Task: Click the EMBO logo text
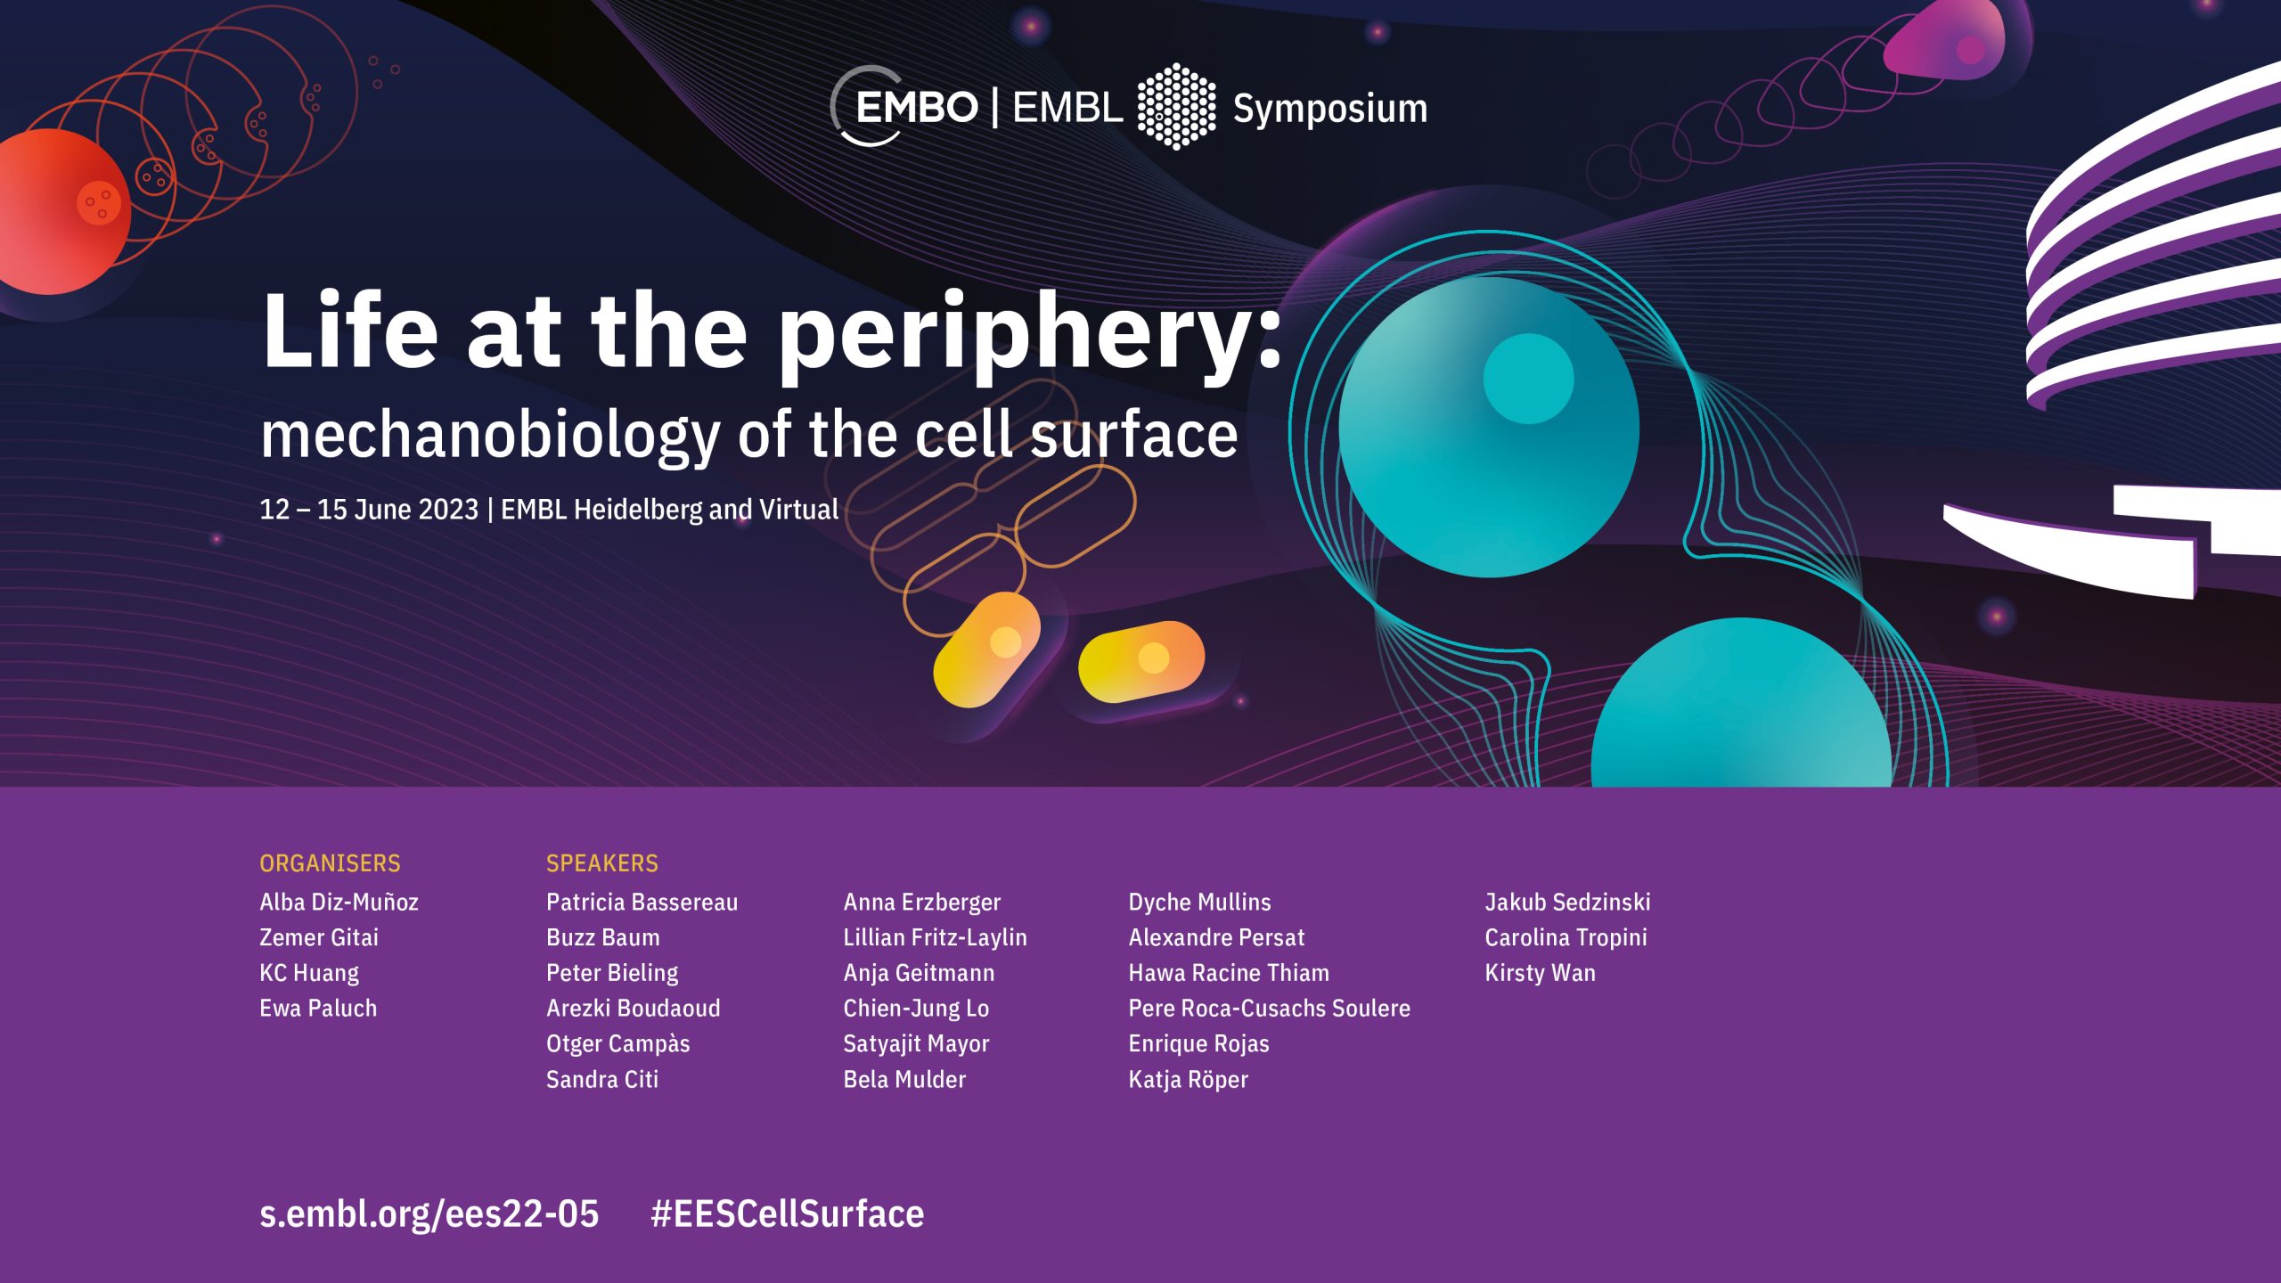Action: coord(916,108)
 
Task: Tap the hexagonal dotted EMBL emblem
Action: coord(1176,106)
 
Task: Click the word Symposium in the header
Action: coord(1329,110)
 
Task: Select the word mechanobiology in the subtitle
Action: coord(490,437)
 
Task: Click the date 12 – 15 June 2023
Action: coord(369,509)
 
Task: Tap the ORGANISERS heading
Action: coord(330,863)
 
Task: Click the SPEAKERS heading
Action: coord(602,863)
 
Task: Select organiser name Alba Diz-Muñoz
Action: coord(339,902)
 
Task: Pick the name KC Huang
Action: coord(309,973)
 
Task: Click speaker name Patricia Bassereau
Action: coord(642,902)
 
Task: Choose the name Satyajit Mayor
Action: coord(916,1044)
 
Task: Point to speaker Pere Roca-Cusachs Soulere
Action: coord(1269,1009)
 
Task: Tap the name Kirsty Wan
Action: coord(1540,973)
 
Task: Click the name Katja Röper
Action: coord(1188,1080)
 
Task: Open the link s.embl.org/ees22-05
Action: coord(429,1214)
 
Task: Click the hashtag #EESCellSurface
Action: coord(788,1214)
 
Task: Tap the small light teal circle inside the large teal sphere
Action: coord(1528,379)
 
